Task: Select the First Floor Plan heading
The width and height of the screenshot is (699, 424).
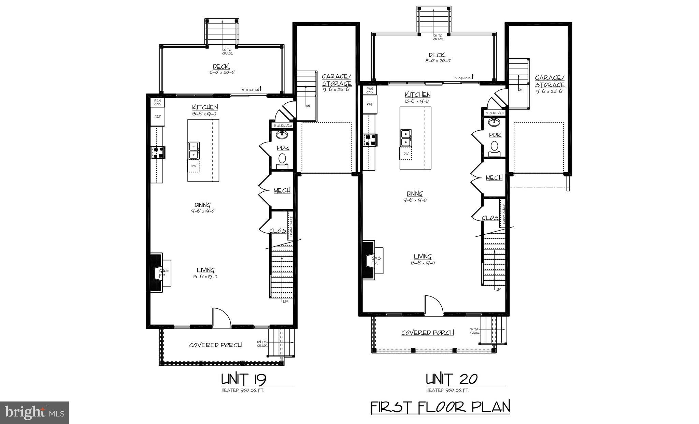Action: (x=440, y=407)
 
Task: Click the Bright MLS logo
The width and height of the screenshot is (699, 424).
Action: (x=34, y=412)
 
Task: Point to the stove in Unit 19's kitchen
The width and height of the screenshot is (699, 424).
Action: (x=158, y=152)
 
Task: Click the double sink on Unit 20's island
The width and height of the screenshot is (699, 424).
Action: (x=406, y=138)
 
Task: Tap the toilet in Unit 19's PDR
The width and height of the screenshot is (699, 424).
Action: (x=282, y=159)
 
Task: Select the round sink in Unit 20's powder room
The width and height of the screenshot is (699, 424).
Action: (x=493, y=121)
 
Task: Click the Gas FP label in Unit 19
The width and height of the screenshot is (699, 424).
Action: (x=164, y=273)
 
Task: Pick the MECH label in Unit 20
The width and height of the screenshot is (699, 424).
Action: (x=494, y=178)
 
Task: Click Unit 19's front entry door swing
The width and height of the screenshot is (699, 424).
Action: (x=222, y=317)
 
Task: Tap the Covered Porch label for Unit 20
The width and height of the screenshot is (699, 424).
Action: (x=427, y=333)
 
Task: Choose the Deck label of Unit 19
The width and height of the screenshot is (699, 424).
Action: (x=221, y=67)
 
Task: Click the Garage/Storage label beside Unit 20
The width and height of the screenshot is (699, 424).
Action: (x=550, y=82)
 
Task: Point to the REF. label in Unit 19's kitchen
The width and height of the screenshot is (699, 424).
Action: (x=157, y=117)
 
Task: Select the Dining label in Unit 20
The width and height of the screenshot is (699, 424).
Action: (x=414, y=193)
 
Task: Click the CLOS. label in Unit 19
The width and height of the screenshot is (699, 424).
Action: (x=277, y=231)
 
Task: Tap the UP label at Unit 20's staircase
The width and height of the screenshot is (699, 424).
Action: (x=498, y=289)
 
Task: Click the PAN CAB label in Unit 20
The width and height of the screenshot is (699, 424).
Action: (x=370, y=90)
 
